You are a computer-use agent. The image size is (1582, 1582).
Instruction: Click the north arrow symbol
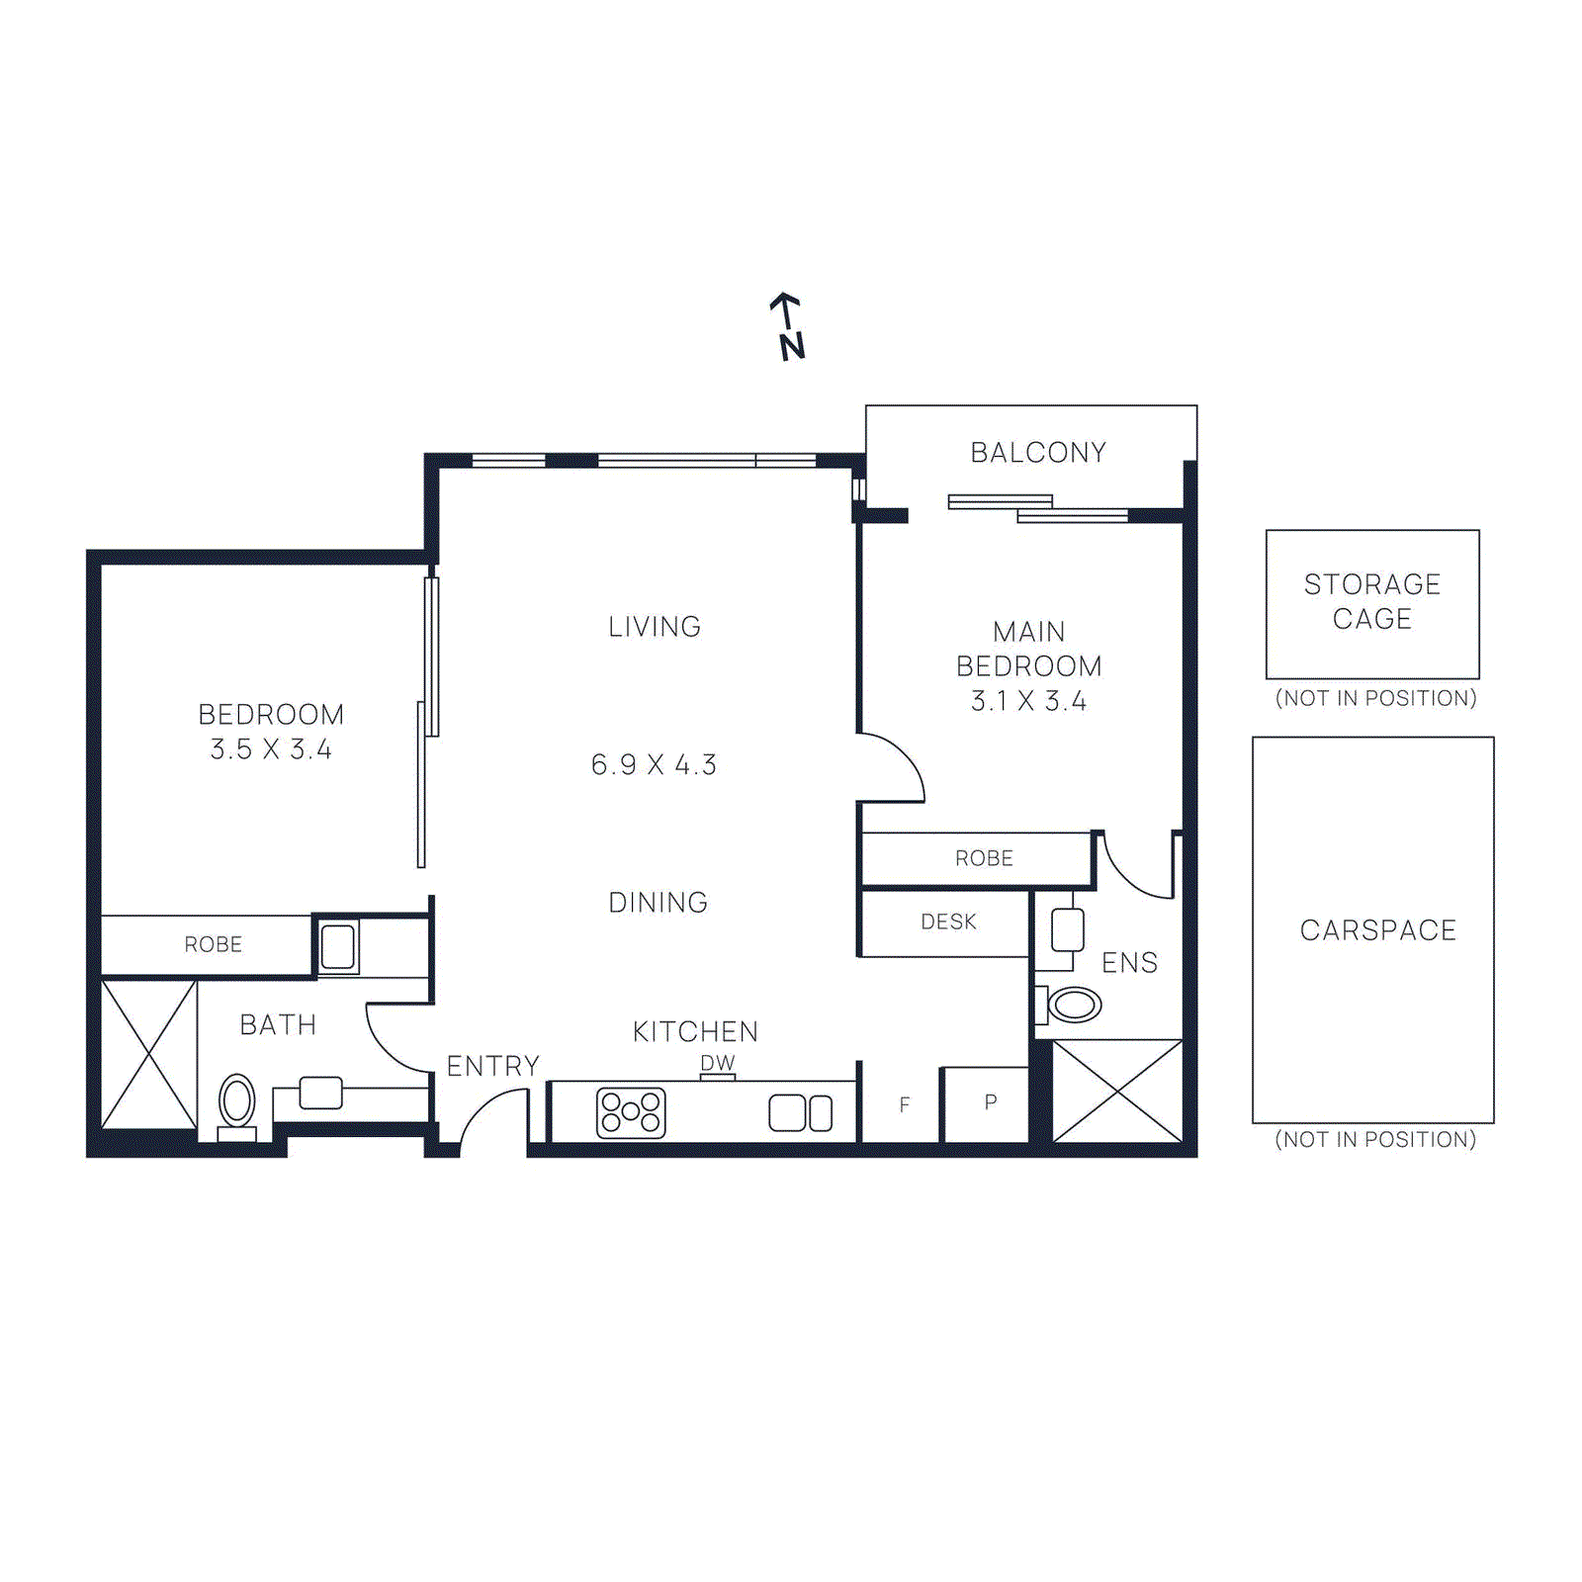(x=788, y=326)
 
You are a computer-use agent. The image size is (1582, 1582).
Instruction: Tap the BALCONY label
(x=1037, y=453)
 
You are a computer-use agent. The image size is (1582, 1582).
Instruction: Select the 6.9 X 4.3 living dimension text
(x=654, y=764)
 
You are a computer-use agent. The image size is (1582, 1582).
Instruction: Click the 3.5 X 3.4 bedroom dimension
(x=271, y=749)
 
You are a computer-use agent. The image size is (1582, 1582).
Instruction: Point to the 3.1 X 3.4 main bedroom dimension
(x=1028, y=701)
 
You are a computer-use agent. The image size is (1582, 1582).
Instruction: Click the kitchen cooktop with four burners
(x=631, y=1112)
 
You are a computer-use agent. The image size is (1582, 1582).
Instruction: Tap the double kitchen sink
(x=800, y=1113)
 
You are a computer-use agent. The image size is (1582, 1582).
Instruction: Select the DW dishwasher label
(x=718, y=1063)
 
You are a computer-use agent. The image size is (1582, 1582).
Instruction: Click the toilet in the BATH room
(x=237, y=1101)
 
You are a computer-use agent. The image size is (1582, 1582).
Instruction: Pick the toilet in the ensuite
(x=1074, y=1006)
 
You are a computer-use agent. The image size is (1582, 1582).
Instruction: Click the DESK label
(x=948, y=922)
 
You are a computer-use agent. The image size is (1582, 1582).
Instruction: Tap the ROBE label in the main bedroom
(x=984, y=858)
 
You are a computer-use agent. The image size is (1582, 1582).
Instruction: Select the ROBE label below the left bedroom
(x=214, y=944)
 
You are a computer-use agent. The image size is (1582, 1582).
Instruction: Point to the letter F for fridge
(x=904, y=1104)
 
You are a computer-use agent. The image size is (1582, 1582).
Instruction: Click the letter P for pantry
(x=991, y=1101)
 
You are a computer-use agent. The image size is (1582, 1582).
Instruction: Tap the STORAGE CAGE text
(x=1371, y=601)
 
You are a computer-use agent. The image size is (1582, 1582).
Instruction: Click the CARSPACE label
(x=1377, y=930)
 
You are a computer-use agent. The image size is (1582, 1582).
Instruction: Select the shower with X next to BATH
(x=149, y=1054)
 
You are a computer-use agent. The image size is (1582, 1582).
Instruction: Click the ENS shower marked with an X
(x=1117, y=1091)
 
